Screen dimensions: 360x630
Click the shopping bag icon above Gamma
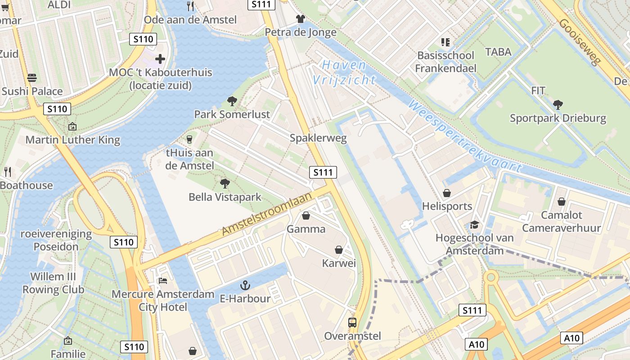306,216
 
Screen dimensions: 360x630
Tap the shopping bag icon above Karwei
339,249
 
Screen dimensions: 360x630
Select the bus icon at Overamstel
352,322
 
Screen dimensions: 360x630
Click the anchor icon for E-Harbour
245,285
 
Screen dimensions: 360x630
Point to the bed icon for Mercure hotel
163,281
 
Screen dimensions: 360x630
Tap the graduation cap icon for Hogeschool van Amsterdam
474,225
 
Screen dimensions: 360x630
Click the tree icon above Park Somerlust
232,101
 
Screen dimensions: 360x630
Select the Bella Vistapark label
225,197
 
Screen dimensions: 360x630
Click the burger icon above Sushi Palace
32,77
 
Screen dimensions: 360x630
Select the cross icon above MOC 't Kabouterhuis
160,59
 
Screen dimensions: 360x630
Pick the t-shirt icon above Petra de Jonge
301,18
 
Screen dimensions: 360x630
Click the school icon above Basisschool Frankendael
445,42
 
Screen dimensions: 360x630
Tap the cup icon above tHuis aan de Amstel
189,139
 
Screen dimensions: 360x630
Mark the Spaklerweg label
318,138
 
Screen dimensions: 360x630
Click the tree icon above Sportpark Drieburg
558,105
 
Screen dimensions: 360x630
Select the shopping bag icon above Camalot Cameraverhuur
562,202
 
